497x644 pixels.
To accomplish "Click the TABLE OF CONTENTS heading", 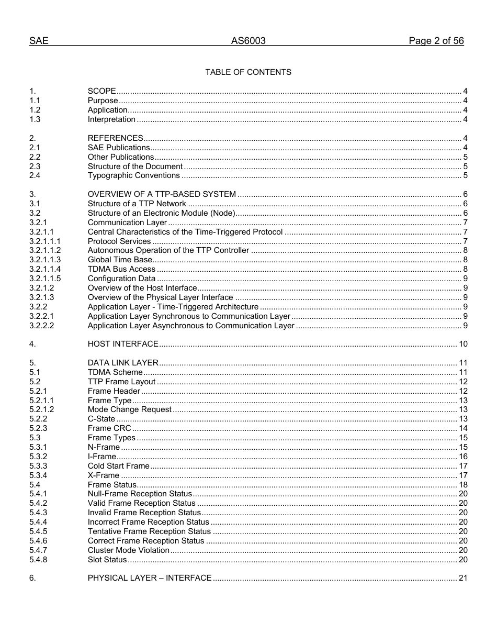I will click(248, 72).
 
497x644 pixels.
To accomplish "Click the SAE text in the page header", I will click(39, 41).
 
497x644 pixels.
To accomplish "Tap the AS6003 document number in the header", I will click(248, 41).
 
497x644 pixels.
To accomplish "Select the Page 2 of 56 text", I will click(436, 41).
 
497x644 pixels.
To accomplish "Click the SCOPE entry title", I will click(101, 91).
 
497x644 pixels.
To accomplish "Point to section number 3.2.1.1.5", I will click(45, 279).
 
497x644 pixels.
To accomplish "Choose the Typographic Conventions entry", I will click(133, 175).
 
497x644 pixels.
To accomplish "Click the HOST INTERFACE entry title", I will click(123, 344).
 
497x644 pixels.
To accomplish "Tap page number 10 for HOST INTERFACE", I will click(463, 344).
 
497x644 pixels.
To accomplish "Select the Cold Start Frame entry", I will click(118, 466).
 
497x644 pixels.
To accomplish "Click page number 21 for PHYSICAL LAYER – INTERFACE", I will click(463, 578).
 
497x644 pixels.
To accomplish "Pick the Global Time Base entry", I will click(120, 260).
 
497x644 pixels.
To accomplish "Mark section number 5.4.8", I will click(38, 560).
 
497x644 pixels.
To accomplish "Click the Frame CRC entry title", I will click(109, 428).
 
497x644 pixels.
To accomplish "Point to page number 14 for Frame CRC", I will click(463, 428).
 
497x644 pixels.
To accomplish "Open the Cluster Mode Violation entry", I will click(128, 550).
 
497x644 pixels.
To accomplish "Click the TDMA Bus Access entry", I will click(121, 269).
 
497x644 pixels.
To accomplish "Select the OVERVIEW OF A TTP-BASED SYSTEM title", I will click(162, 194).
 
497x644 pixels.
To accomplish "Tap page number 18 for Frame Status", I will click(463, 485).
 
